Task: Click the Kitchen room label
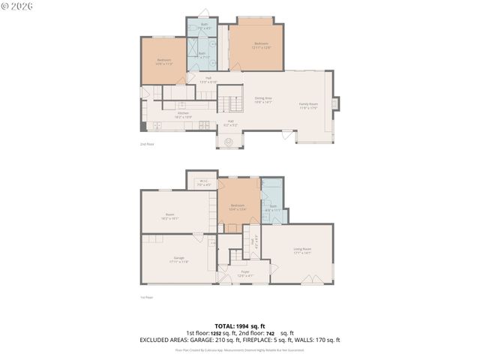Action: [184, 115]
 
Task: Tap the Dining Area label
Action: [262, 100]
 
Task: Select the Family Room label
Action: [309, 106]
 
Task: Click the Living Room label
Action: [302, 250]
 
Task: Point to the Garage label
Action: [178, 259]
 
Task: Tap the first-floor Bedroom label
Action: [238, 207]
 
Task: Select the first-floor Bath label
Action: [273, 208]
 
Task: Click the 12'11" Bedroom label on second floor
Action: [262, 45]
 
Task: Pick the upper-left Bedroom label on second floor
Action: [164, 61]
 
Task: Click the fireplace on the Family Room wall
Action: [334, 103]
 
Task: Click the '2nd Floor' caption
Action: [147, 143]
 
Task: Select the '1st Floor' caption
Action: [146, 297]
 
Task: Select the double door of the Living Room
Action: [307, 283]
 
